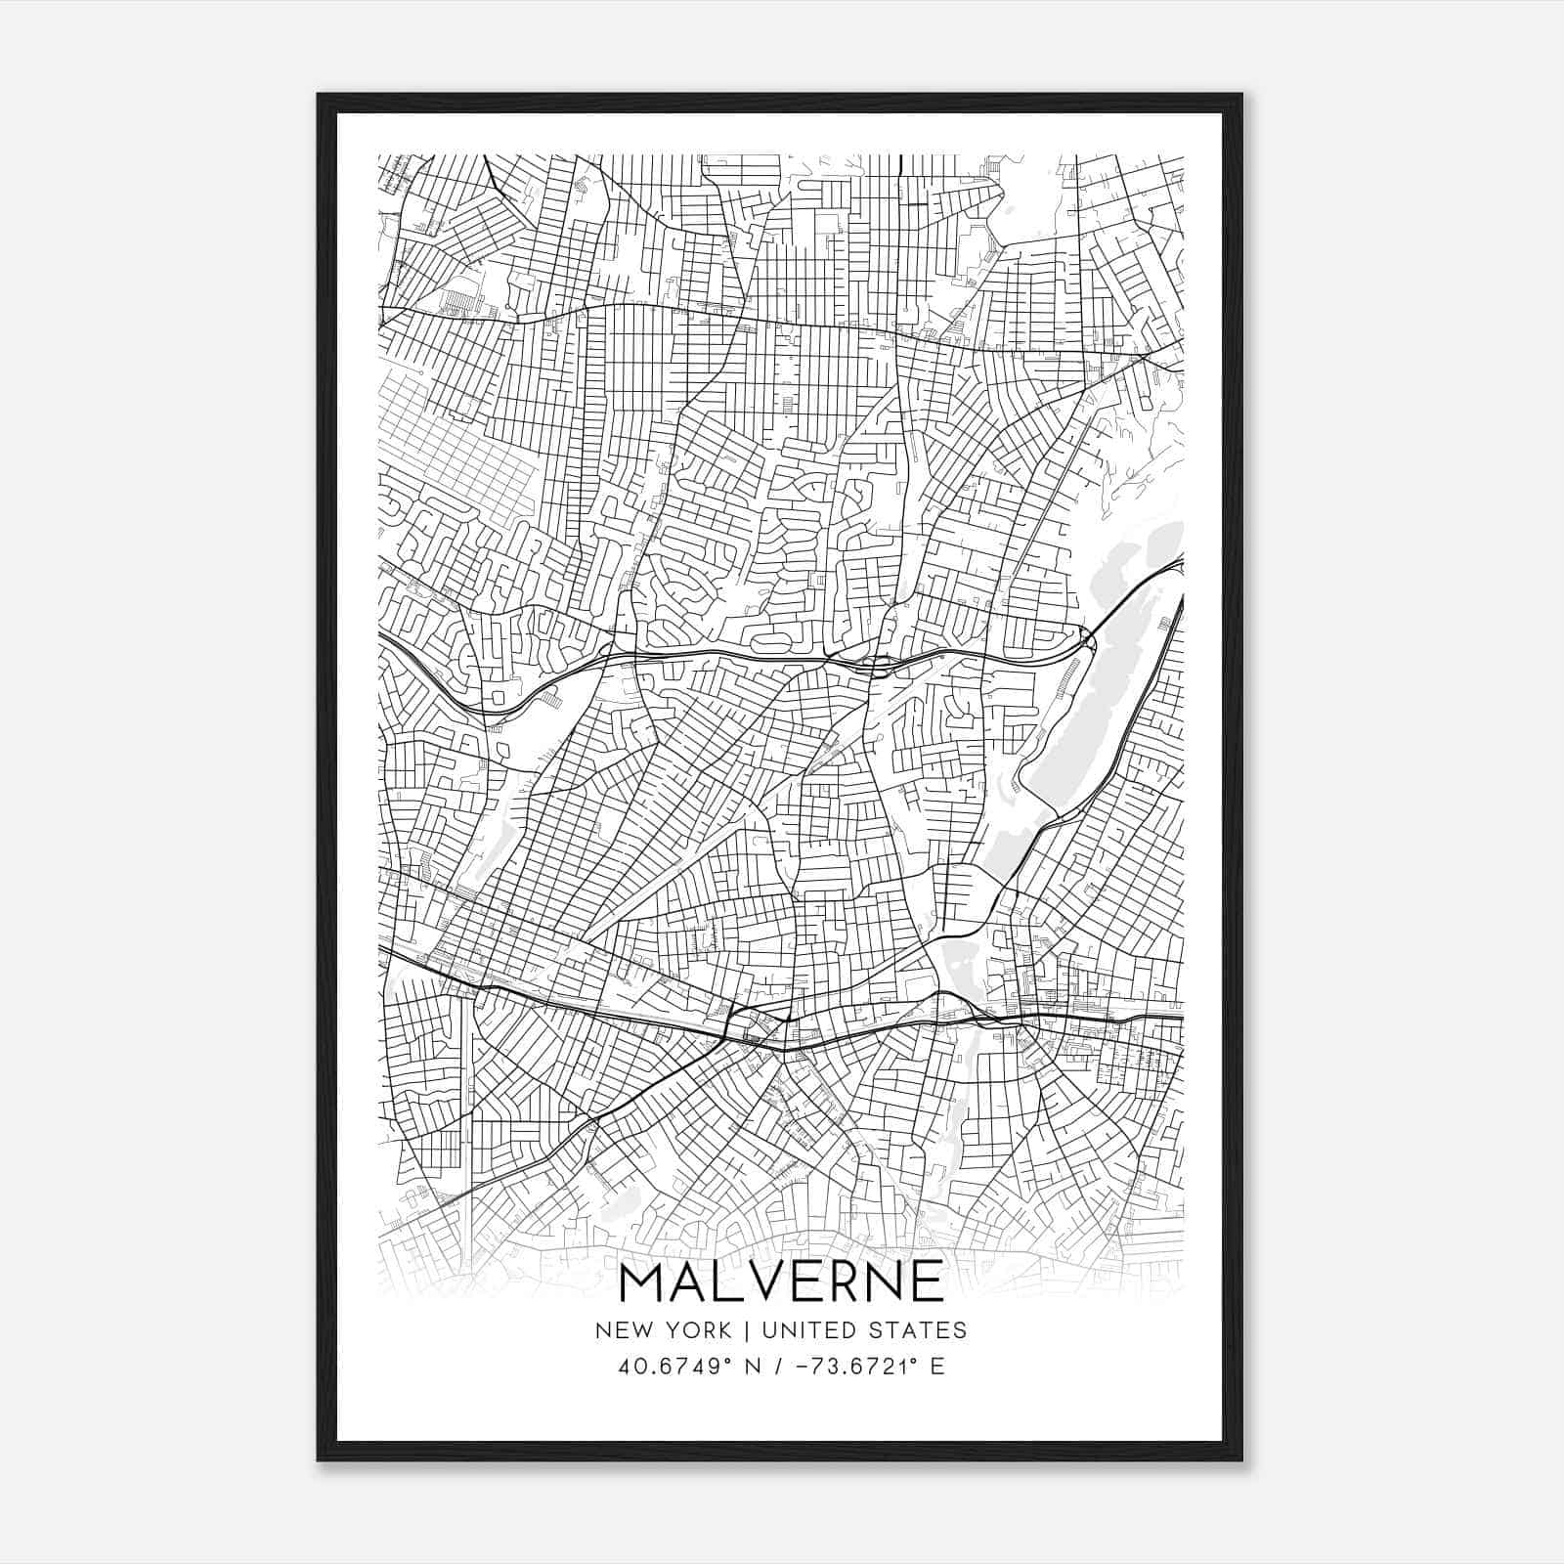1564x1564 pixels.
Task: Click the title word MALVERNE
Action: click(x=781, y=1282)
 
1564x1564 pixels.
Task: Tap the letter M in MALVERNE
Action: click(x=643, y=1282)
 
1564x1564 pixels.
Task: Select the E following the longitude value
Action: click(x=937, y=1366)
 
